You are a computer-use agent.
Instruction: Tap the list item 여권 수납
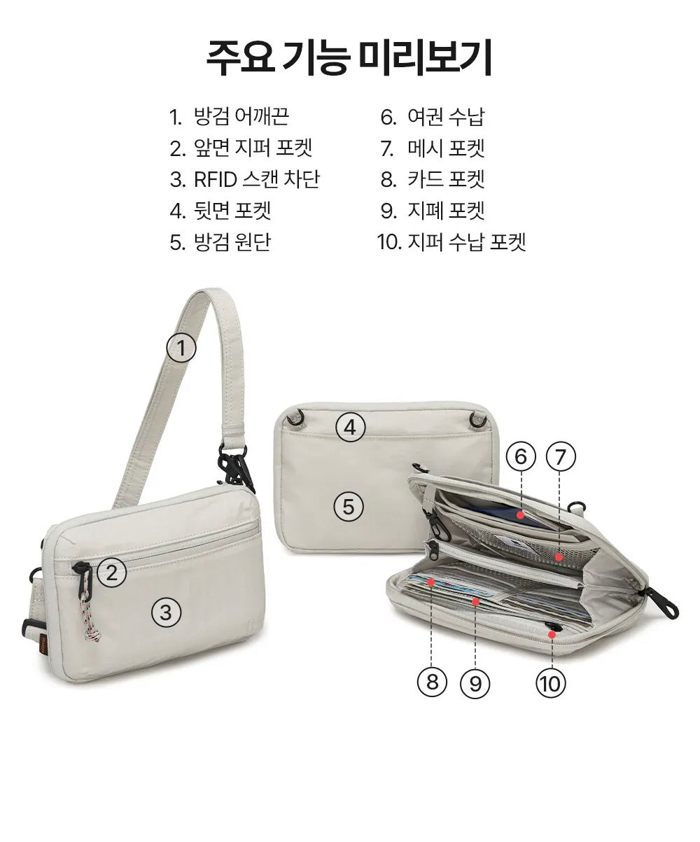(x=432, y=116)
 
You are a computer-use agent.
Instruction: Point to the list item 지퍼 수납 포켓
(x=451, y=242)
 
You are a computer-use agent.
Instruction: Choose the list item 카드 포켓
(x=432, y=179)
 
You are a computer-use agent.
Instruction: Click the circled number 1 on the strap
(x=181, y=348)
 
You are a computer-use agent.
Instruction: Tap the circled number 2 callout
(x=112, y=573)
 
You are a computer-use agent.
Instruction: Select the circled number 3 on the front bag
(x=166, y=612)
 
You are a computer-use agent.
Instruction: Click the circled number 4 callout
(x=351, y=426)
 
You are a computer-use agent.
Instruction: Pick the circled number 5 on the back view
(x=348, y=505)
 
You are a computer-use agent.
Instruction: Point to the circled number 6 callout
(x=520, y=457)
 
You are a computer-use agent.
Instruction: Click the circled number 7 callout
(x=559, y=457)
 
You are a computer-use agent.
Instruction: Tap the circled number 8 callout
(x=432, y=681)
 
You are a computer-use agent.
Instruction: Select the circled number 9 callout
(x=475, y=682)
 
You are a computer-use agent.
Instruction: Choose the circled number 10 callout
(x=551, y=682)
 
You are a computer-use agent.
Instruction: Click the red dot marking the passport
(x=521, y=514)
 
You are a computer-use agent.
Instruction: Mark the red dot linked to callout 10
(x=552, y=634)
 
